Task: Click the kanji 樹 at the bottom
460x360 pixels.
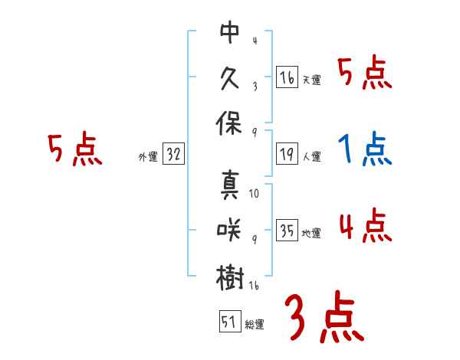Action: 230,277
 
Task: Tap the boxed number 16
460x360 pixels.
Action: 287,77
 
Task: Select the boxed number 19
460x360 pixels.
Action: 287,153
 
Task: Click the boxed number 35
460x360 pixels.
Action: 287,231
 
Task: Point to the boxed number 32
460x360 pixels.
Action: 173,154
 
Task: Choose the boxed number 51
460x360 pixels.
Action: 228,321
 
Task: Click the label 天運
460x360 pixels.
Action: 311,80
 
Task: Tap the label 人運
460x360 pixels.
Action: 311,156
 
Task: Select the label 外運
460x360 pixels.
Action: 148,156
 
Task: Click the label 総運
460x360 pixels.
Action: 254,324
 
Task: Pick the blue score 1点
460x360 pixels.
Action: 365,150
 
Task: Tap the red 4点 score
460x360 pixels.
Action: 365,227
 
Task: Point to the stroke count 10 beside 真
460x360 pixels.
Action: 254,193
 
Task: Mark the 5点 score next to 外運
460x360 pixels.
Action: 74,150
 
